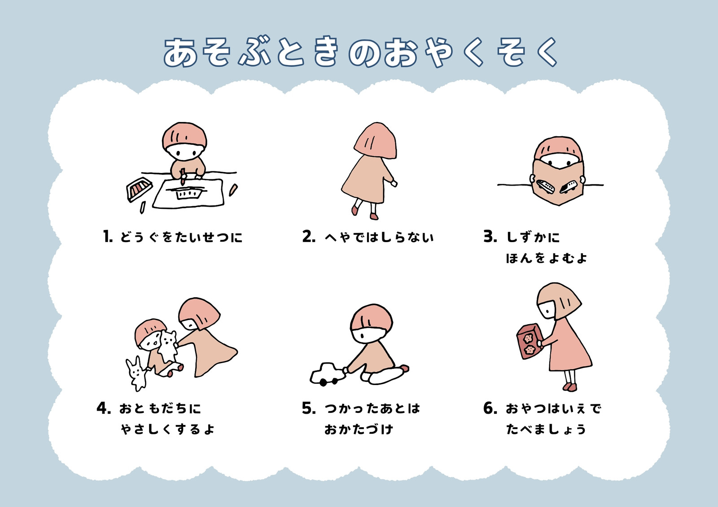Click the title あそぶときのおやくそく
click(x=361, y=52)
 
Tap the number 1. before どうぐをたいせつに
click(x=108, y=236)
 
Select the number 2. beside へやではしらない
click(x=309, y=236)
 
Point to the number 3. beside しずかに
click(x=490, y=236)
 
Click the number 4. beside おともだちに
click(x=104, y=408)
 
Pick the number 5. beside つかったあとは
click(x=309, y=408)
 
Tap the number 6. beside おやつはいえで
click(x=490, y=408)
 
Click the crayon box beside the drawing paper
click(x=139, y=189)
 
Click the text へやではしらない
click(x=379, y=237)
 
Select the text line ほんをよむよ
click(x=547, y=258)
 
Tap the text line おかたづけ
click(x=359, y=429)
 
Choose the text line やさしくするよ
click(x=167, y=429)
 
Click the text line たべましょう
click(x=546, y=429)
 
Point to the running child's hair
click(x=376, y=141)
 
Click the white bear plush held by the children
click(x=168, y=346)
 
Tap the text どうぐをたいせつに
click(x=181, y=237)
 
